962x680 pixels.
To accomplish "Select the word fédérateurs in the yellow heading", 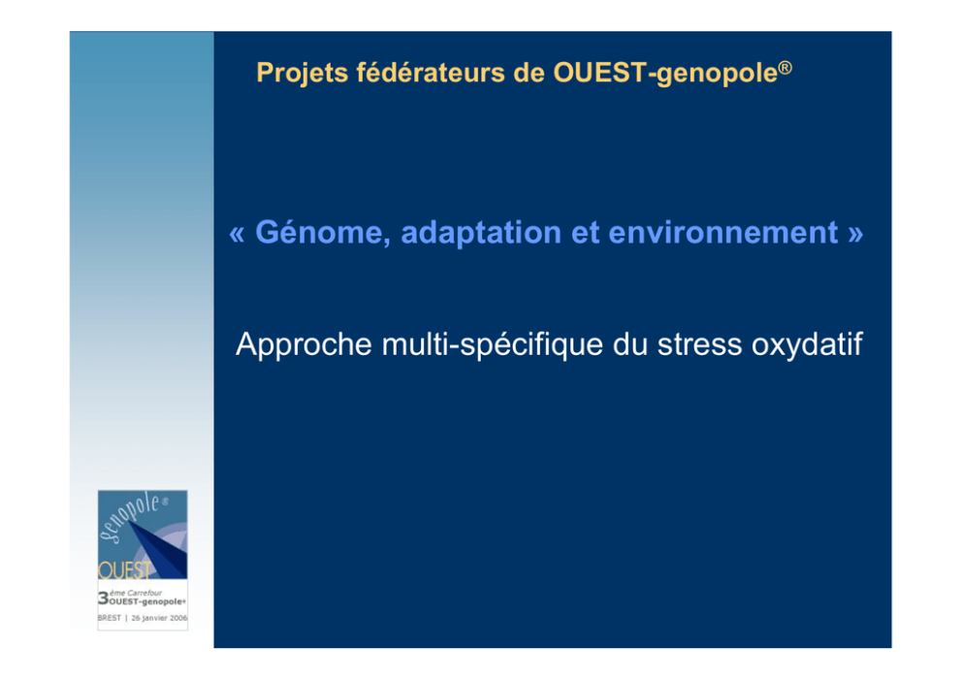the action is click(431, 73).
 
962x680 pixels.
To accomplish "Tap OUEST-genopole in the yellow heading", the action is click(665, 74).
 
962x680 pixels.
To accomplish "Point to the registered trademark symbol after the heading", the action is click(786, 67).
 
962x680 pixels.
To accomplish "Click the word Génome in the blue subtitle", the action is click(323, 233).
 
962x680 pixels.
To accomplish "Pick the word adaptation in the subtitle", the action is click(481, 234).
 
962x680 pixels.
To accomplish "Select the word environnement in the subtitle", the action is click(723, 233).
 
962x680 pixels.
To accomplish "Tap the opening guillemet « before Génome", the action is click(237, 235).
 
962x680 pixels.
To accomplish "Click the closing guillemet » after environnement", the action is click(856, 235).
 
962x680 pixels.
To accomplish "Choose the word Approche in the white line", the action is click(304, 344).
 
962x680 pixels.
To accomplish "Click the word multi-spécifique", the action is click(493, 344).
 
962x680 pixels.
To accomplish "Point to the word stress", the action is click(699, 345).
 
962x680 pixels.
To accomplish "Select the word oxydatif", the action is click(808, 344).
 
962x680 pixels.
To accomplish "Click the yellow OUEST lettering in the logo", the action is click(124, 570).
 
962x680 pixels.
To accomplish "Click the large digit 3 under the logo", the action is click(103, 598).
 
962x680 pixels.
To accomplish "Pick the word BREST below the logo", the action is click(110, 618).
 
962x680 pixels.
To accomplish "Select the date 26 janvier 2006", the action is click(159, 618).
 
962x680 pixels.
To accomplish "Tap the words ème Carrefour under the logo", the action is click(136, 593).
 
